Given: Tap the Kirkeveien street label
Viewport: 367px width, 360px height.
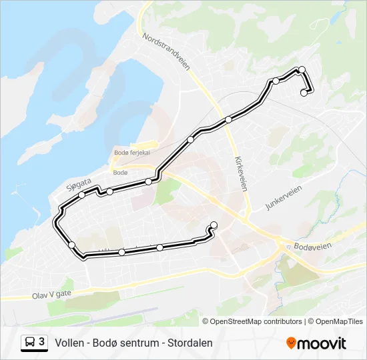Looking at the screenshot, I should coord(240,173).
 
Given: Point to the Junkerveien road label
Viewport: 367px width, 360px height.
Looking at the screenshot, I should coord(284,197).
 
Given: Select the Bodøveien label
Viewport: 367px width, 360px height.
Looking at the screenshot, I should coord(312,246).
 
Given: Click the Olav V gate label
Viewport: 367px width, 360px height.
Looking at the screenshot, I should coord(51,294).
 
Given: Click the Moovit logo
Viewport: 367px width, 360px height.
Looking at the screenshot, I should coord(316,343).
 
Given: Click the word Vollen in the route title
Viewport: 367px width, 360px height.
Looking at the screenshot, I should coord(69,343).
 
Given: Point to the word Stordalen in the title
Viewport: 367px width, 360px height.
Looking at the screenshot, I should coord(191,343).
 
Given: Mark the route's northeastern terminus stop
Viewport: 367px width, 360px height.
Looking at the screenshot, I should coord(304,93).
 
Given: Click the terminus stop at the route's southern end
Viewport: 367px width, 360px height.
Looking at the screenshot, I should coord(214,225).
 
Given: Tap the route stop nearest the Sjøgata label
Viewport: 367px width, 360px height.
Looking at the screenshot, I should coord(82,195).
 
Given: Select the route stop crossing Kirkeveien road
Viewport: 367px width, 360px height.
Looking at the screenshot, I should coord(228,119).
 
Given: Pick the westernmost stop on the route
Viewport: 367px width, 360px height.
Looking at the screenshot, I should coord(72,245).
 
